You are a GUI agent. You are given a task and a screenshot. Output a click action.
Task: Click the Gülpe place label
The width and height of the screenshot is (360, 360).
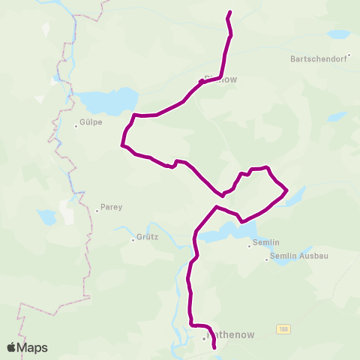(x=90, y=119)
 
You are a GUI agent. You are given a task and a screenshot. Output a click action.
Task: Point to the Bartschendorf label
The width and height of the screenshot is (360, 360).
(x=320, y=58)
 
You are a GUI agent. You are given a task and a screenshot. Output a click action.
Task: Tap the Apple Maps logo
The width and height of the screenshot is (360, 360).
(x=27, y=347)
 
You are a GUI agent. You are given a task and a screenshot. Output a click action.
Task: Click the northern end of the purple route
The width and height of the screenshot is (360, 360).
(x=229, y=12)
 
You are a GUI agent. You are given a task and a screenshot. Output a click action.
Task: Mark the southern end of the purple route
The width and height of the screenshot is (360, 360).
(x=215, y=348)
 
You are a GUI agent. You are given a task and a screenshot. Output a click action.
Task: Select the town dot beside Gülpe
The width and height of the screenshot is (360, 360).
(x=76, y=126)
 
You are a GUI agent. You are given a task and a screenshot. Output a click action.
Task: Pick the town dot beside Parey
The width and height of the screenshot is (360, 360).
(x=97, y=211)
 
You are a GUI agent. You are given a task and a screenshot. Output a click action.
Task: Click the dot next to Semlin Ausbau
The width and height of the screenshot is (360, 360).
(x=266, y=259)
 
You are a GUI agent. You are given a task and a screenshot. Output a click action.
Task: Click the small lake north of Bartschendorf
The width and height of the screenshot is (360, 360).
(x=338, y=34)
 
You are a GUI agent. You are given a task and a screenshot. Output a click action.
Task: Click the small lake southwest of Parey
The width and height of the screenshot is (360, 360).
(x=47, y=217)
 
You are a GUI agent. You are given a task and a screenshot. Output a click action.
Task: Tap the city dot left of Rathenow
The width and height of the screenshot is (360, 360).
(x=202, y=338)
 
